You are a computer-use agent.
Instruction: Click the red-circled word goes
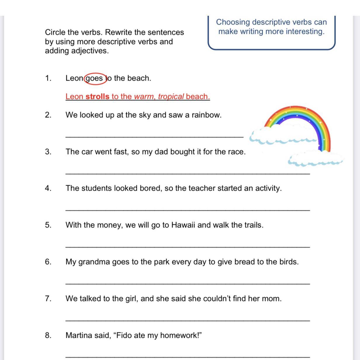click(94, 78)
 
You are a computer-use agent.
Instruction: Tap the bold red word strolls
click(97, 96)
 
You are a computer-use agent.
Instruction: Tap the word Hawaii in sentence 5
click(183, 225)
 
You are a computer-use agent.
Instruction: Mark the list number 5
click(48, 225)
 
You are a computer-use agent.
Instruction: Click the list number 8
click(48, 335)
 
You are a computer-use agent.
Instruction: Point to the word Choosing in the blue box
click(233, 22)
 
